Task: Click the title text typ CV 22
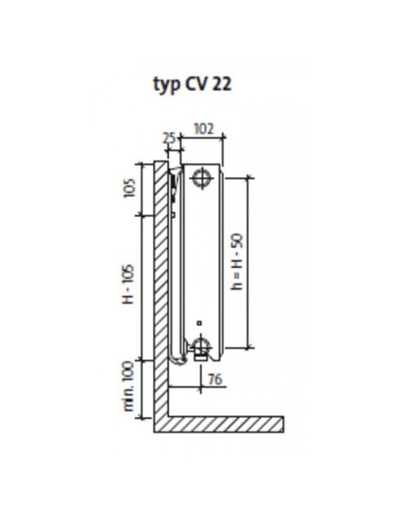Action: pyautogui.click(x=193, y=85)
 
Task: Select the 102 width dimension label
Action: pyautogui.click(x=203, y=129)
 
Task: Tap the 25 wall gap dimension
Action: pyautogui.click(x=170, y=139)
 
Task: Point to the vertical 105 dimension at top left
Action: pyautogui.click(x=129, y=188)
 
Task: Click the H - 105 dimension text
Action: pyautogui.click(x=129, y=284)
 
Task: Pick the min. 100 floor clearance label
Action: pyautogui.click(x=129, y=385)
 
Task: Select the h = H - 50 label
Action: pyautogui.click(x=237, y=261)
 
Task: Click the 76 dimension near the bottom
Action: pyautogui.click(x=215, y=380)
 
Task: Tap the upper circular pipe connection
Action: pyautogui.click(x=203, y=178)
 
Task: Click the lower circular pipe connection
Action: pyautogui.click(x=201, y=345)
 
